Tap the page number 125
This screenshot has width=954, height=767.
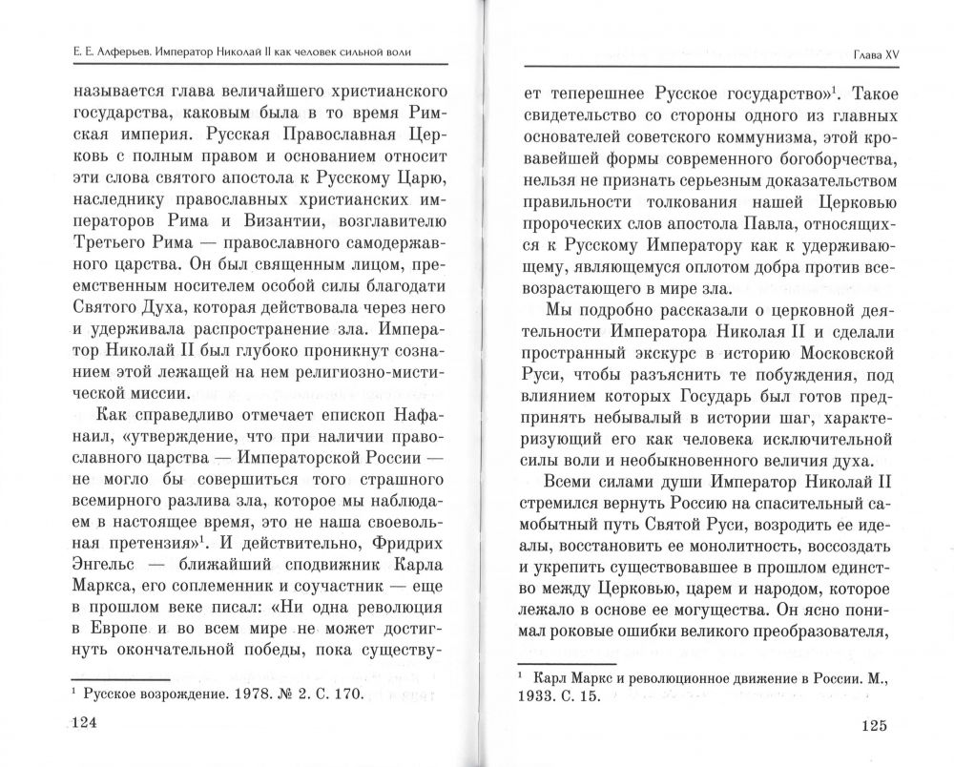[x=867, y=724]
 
